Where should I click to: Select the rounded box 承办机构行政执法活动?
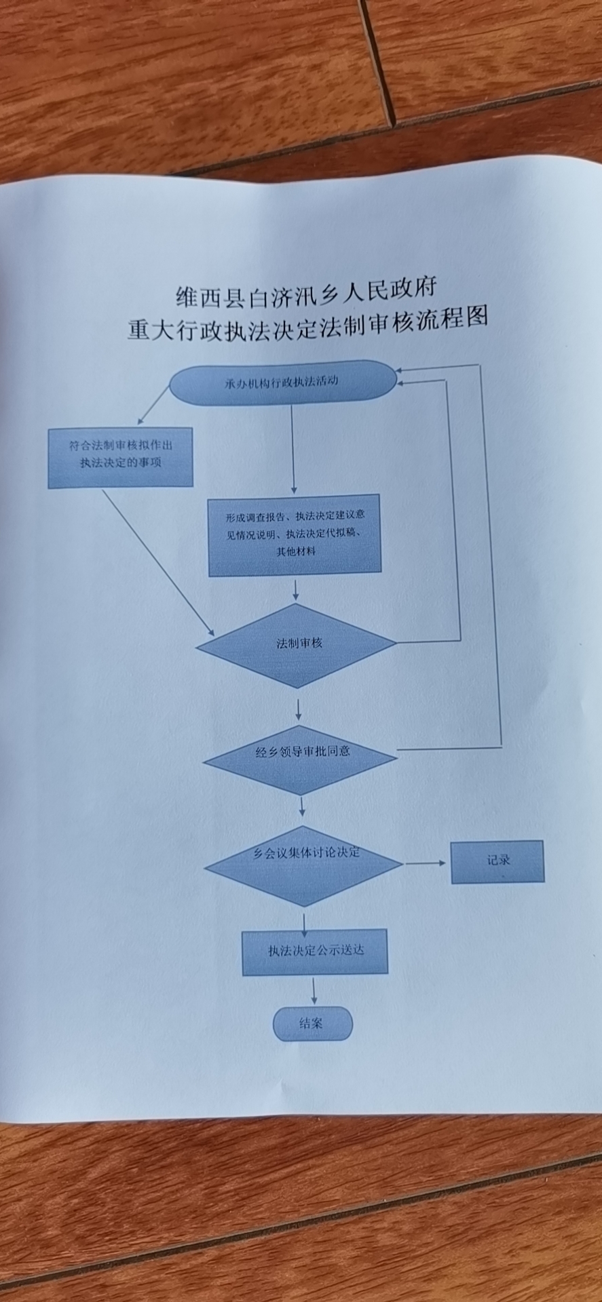tap(282, 382)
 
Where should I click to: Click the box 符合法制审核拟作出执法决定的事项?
tap(120, 457)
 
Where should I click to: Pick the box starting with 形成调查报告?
tap(294, 535)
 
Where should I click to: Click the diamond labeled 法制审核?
tap(297, 645)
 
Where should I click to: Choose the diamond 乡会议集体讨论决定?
tap(304, 865)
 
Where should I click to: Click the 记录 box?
tap(497, 861)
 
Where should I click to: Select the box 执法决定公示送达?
tap(315, 951)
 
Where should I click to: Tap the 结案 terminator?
tap(313, 1023)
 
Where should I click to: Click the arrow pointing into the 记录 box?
tap(426, 863)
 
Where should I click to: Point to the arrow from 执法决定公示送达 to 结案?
tap(314, 991)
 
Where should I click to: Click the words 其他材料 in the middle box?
tap(295, 551)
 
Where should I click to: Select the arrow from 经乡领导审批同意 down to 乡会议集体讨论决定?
tap(302, 806)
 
